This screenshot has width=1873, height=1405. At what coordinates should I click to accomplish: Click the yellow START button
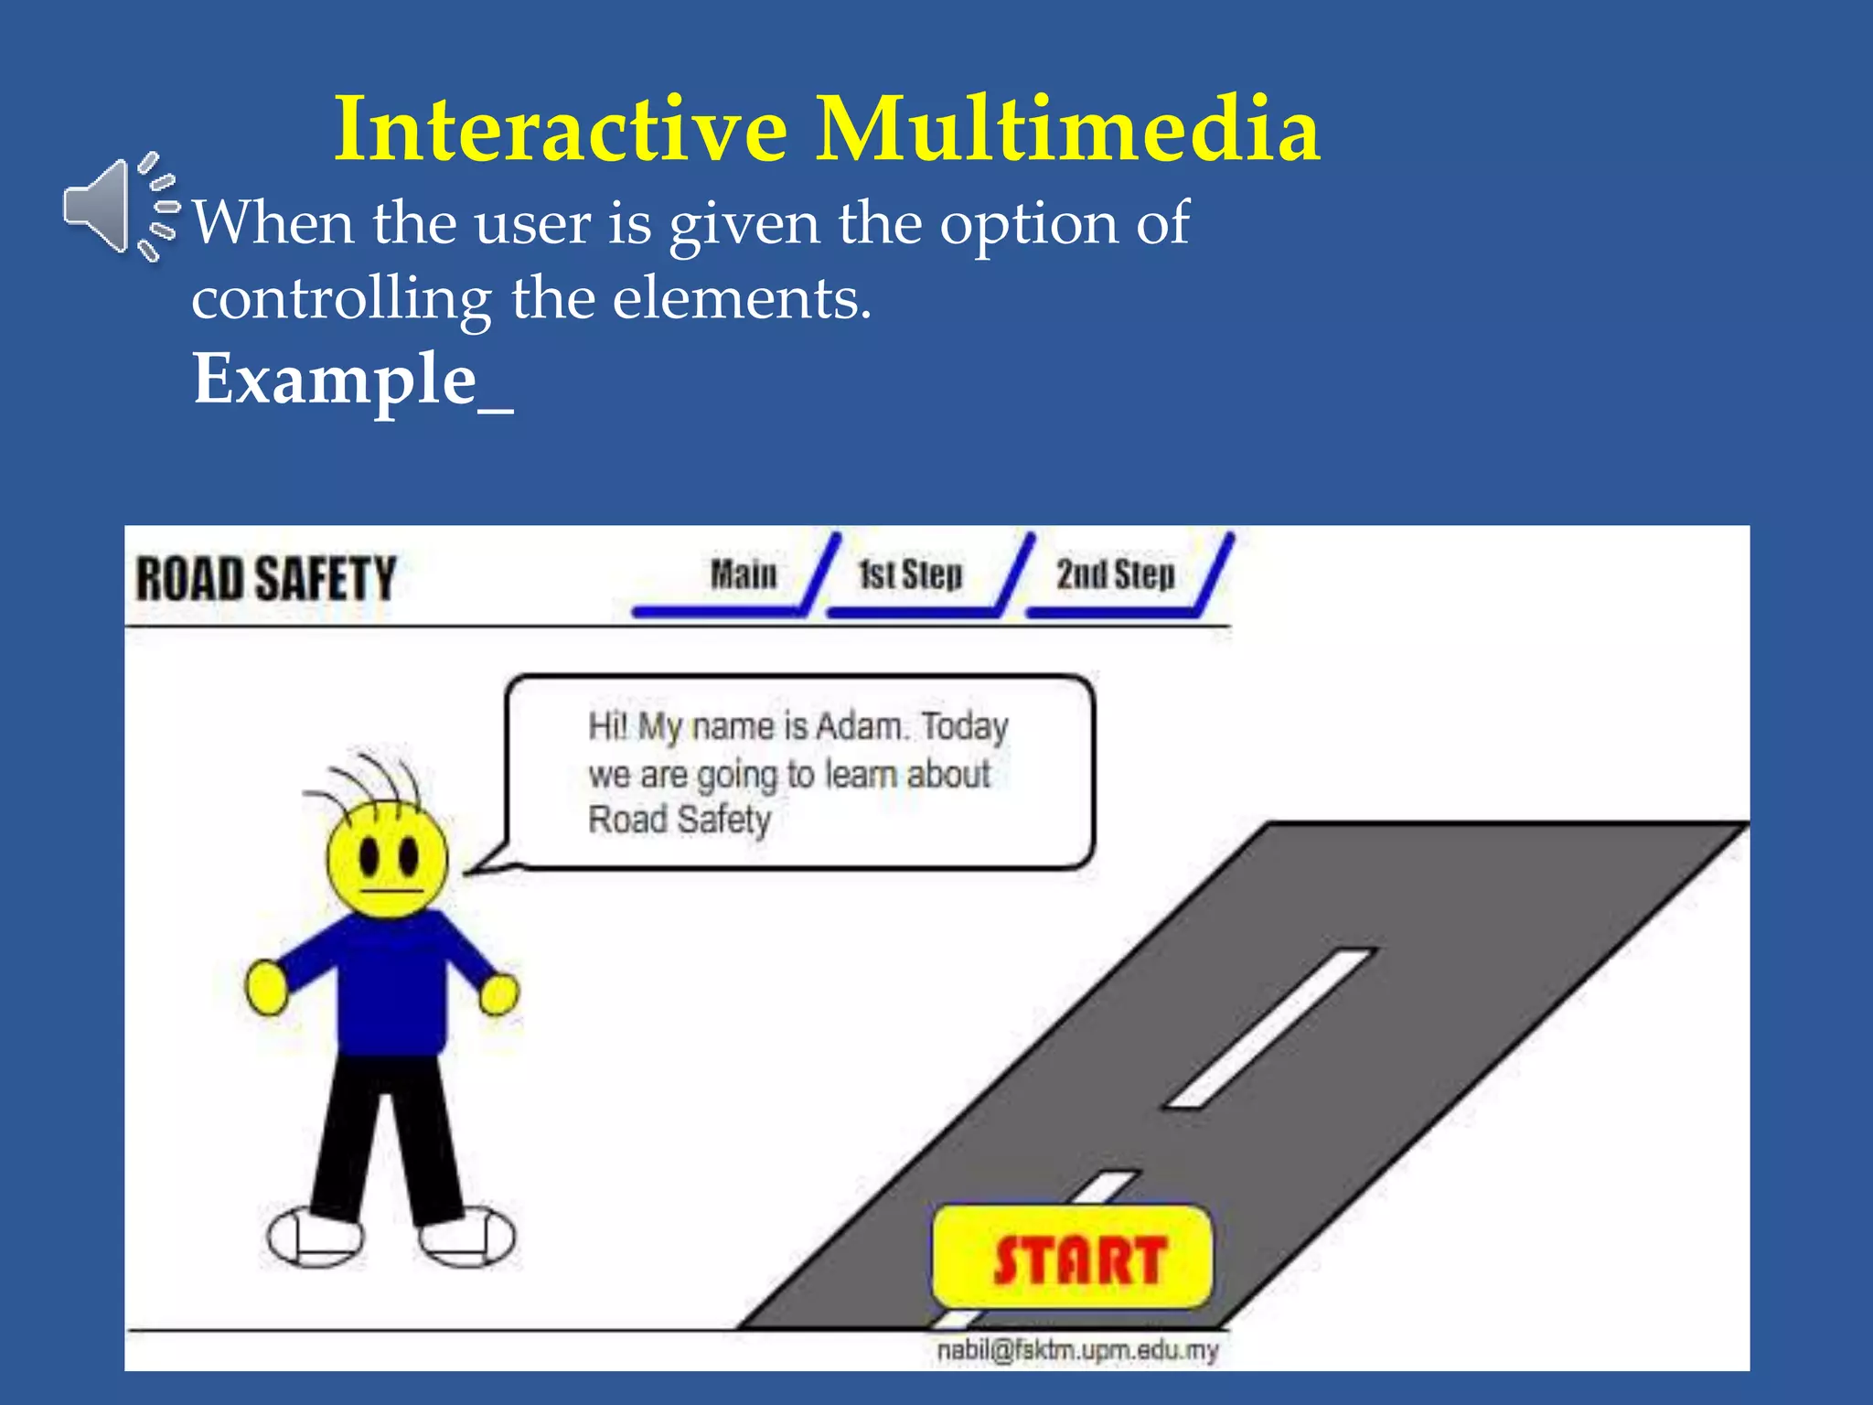1073,1258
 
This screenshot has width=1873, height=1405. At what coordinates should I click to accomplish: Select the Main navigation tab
743,575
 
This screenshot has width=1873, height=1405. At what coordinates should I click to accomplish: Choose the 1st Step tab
910,575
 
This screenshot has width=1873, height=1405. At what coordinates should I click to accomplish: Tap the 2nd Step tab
1115,575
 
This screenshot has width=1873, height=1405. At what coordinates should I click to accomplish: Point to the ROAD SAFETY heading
265,579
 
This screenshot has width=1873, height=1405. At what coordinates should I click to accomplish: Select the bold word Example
335,379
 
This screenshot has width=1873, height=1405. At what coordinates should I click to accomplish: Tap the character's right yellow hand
499,993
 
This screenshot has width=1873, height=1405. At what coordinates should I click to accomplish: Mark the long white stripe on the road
1271,1027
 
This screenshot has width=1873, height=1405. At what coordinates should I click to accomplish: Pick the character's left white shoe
315,1236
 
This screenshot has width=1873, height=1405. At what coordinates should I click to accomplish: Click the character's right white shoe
466,1235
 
